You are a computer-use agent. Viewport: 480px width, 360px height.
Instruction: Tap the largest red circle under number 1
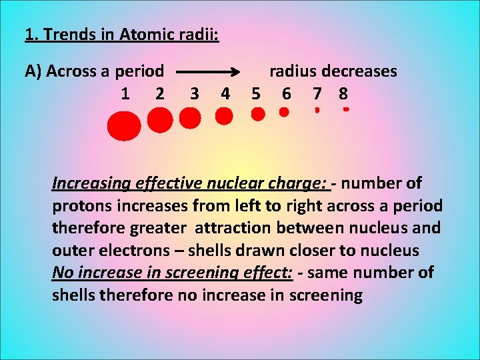(x=124, y=127)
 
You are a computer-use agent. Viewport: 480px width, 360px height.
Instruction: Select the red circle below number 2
(x=159, y=121)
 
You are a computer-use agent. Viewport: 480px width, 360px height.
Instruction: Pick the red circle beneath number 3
(x=190, y=119)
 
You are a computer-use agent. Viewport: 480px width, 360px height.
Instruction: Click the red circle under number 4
(x=225, y=117)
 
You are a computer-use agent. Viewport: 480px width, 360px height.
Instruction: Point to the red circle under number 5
(x=257, y=115)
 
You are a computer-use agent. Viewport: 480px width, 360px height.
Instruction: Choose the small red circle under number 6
(x=284, y=113)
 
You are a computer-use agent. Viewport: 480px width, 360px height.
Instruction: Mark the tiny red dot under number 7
(x=317, y=110)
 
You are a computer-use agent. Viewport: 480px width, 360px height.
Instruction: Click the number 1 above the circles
(x=125, y=93)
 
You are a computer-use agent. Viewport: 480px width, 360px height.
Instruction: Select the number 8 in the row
(x=343, y=93)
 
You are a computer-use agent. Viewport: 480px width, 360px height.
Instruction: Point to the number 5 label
(x=255, y=93)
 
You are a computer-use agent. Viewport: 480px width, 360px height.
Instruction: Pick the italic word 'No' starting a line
(x=62, y=273)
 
